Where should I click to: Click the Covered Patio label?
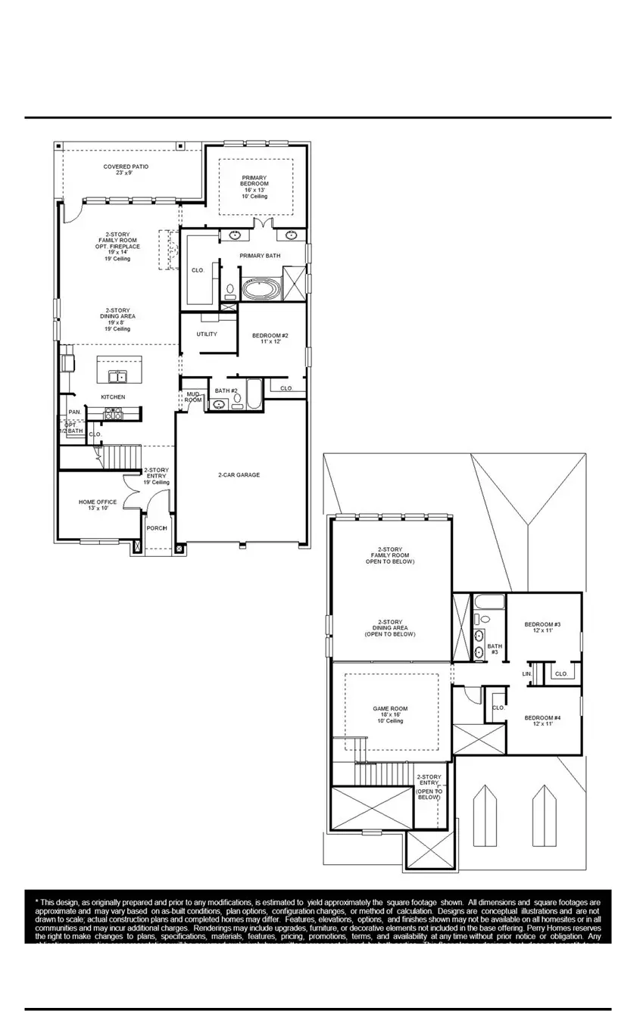click(x=126, y=169)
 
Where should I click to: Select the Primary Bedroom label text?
click(x=254, y=183)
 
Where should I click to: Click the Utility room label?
click(x=207, y=334)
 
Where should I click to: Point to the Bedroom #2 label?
click(x=270, y=338)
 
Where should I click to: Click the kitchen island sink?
click(x=117, y=375)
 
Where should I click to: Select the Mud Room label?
click(x=193, y=397)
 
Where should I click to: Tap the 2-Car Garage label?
click(x=239, y=475)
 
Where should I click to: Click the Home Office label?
click(x=98, y=505)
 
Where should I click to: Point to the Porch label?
click(x=157, y=528)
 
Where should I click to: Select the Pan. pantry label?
click(x=74, y=412)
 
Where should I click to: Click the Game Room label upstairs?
click(x=390, y=714)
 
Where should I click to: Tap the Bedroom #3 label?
click(x=542, y=627)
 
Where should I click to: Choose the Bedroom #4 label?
click(x=542, y=720)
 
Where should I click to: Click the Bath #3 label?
click(x=494, y=648)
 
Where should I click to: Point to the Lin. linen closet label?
click(x=527, y=673)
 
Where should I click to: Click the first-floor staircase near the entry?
click(x=123, y=457)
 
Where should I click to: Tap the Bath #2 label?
click(x=226, y=390)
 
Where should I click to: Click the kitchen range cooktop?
click(x=113, y=414)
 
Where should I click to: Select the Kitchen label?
click(x=114, y=397)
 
